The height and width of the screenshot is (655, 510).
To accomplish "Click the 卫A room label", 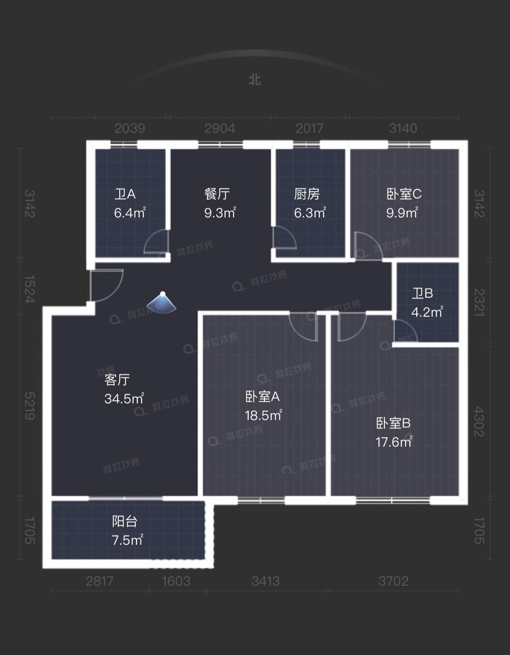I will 125,194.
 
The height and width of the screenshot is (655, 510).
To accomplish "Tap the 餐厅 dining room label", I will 217,194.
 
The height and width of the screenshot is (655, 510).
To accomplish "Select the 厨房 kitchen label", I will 307,194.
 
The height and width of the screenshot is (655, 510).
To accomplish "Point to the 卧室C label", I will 404,194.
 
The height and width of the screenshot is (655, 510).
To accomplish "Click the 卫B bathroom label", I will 422,294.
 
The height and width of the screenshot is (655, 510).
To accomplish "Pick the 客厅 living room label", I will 117,380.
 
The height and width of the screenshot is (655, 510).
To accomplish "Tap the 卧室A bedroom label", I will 262,397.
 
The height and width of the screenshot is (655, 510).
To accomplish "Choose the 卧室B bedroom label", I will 393,424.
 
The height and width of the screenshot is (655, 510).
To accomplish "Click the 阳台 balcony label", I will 125,521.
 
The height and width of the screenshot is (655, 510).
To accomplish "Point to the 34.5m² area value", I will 124,399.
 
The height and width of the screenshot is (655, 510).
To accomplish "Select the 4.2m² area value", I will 427,312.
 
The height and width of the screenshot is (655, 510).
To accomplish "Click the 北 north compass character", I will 255,80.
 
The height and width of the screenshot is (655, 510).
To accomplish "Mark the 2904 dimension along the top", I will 220,128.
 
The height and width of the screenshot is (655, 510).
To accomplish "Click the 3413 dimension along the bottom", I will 266,581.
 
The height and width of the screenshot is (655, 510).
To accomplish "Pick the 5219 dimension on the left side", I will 29,406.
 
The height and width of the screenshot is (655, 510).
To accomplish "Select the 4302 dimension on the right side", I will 479,421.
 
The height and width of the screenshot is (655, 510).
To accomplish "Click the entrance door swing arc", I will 107,285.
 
